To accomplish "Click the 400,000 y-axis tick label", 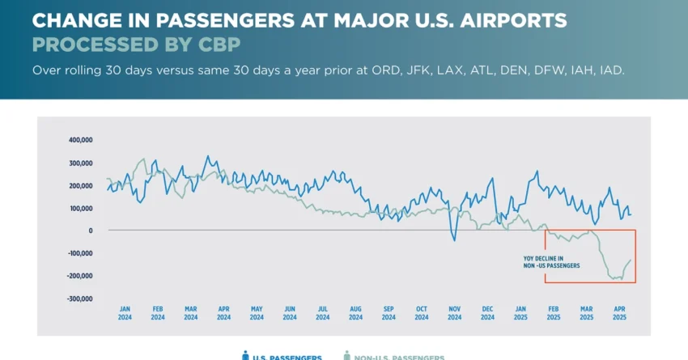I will click(80, 140).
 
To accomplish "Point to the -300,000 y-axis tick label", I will click(79, 299).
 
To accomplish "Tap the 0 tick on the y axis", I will click(90, 231).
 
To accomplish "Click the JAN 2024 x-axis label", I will click(125, 313).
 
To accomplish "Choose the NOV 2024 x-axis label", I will click(455, 313).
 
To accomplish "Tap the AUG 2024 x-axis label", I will click(356, 313).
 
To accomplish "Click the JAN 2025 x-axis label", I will click(521, 313).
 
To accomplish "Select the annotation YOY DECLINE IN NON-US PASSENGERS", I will click(551, 262).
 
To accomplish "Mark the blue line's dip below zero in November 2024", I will click(454, 239).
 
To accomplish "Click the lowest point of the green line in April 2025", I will click(613, 279).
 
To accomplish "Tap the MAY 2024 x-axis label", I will click(257, 313).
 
